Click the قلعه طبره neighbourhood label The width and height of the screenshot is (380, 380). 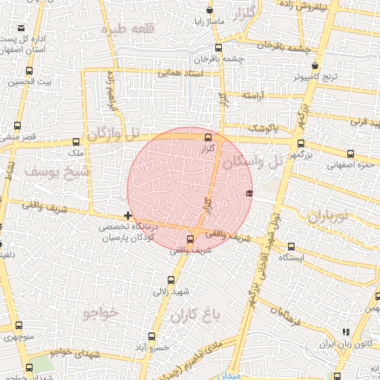[x=140, y=28]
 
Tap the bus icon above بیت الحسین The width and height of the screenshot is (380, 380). [x=30, y=72]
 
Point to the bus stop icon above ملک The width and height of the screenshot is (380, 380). [x=77, y=142]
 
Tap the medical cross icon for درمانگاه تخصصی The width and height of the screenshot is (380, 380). [x=128, y=214]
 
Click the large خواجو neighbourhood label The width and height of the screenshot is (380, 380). [x=101, y=312]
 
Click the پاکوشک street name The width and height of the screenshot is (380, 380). [x=263, y=128]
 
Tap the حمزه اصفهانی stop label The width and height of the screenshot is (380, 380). [x=346, y=165]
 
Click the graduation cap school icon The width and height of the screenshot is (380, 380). [x=249, y=194]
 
